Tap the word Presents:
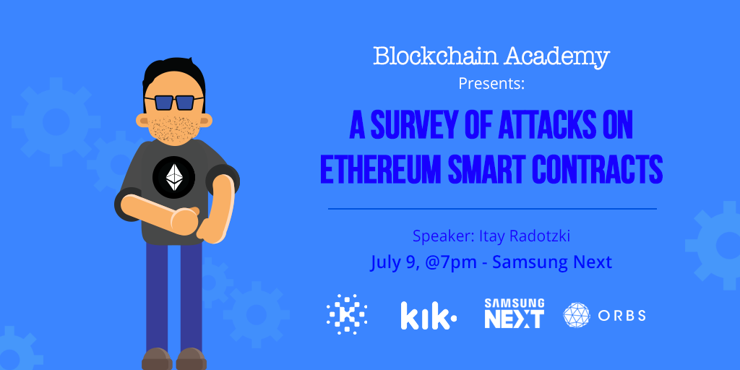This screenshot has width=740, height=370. pyautogui.click(x=491, y=83)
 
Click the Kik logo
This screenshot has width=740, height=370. pyautogui.click(x=428, y=316)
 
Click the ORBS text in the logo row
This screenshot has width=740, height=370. pyautogui.click(x=621, y=316)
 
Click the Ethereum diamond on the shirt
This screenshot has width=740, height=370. pyautogui.click(x=173, y=176)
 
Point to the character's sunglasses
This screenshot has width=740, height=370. pyautogui.click(x=173, y=102)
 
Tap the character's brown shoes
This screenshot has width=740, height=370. pyautogui.click(x=173, y=359)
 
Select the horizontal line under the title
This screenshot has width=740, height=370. pyautogui.click(x=492, y=209)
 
